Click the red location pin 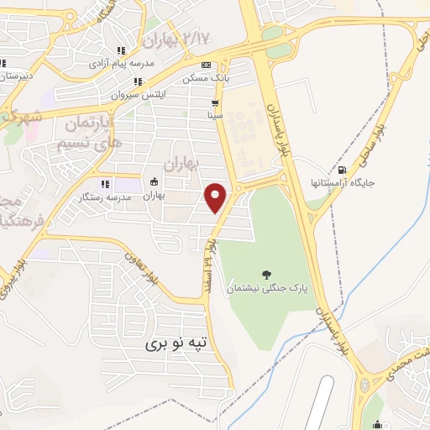(x=217, y=198)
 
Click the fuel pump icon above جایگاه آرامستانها (x=341, y=170)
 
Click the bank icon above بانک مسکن (x=206, y=66)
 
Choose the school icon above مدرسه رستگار (x=104, y=184)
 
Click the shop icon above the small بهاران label (x=154, y=181)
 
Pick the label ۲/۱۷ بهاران (x=179, y=39)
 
